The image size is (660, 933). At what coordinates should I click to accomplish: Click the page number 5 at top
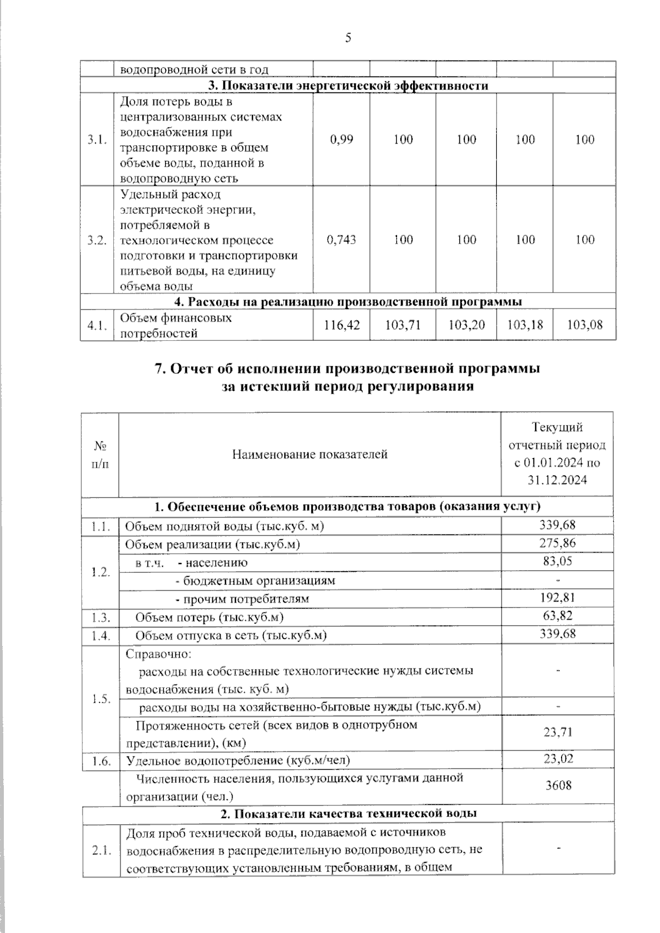click(348, 38)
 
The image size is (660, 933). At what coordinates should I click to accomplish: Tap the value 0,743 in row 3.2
click(341, 239)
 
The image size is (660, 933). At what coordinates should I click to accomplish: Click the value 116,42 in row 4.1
click(341, 325)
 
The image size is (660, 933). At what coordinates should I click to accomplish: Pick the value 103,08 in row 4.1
click(585, 325)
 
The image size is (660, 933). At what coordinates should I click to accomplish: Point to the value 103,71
click(403, 325)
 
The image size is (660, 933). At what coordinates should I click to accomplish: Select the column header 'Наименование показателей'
click(310, 454)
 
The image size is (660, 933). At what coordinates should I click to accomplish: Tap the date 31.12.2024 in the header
click(557, 480)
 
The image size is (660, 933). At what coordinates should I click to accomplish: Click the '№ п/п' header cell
click(100, 454)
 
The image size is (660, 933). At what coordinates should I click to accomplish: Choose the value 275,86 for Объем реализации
click(557, 543)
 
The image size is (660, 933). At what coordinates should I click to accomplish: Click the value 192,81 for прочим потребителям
click(557, 598)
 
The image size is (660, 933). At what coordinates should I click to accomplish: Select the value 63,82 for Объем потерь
click(557, 615)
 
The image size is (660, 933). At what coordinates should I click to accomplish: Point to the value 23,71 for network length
click(557, 732)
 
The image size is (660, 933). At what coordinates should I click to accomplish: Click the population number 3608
click(557, 785)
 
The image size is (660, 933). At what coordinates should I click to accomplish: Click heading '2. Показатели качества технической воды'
click(348, 813)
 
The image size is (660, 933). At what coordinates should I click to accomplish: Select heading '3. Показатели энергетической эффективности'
click(348, 86)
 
